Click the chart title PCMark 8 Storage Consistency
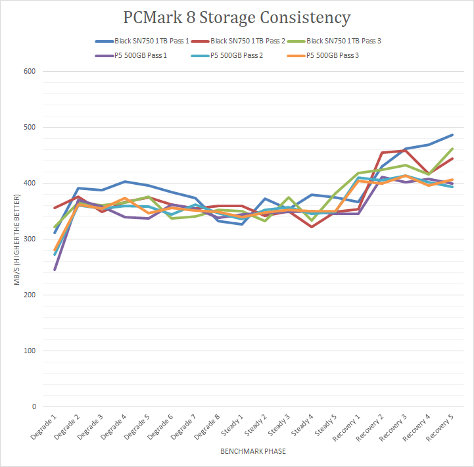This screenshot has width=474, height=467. click(x=237, y=16)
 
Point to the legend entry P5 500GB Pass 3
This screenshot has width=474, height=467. click(x=333, y=55)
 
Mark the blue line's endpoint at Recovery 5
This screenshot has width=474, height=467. click(x=452, y=135)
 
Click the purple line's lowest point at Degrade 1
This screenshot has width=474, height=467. click(x=55, y=270)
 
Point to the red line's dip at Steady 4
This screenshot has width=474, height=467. click(x=312, y=226)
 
